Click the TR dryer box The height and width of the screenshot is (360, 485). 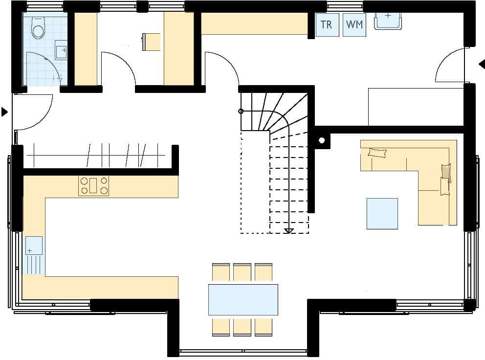coord(327,24)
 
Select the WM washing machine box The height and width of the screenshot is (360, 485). coord(354,24)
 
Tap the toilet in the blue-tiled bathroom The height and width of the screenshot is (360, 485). coord(38,28)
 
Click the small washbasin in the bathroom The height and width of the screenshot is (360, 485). coord(61,49)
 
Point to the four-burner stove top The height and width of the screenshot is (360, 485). coord(94,186)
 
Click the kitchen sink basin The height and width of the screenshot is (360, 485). coord(34,246)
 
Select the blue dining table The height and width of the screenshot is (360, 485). coord(243,300)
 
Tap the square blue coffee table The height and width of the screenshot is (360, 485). coord(382,214)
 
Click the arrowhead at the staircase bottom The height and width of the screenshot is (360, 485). coord(289,231)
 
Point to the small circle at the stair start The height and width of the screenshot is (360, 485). coord(241,111)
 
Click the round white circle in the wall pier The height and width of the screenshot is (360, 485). coord(322,140)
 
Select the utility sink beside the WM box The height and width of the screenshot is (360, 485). coord(388,21)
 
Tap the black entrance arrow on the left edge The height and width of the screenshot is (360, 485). coord(4,112)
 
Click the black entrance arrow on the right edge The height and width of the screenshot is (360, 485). coord(482,65)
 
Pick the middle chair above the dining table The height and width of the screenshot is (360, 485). coord(242,272)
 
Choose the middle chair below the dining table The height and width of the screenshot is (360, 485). coord(242,327)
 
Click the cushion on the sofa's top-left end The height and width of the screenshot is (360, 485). coord(377,153)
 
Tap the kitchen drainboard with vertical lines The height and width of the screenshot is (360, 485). coord(34,265)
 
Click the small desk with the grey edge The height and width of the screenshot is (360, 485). coord(151,42)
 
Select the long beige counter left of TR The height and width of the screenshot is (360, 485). coord(254,23)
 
